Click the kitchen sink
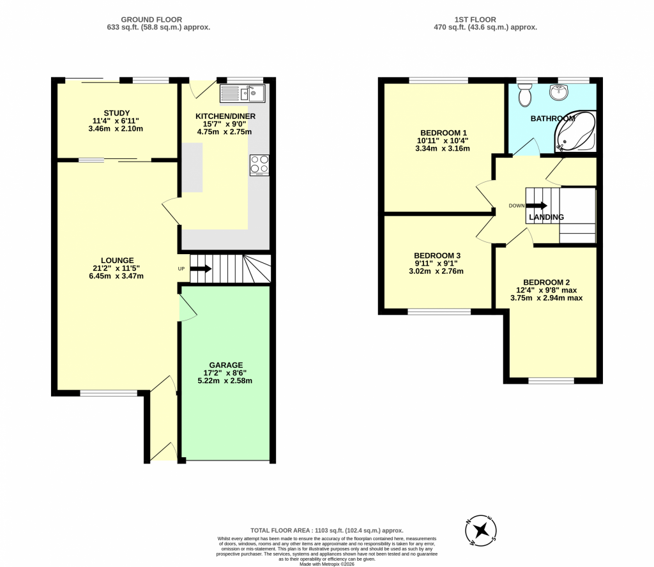click(x=242, y=93)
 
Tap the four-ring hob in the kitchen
click(x=259, y=165)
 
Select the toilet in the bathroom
click(x=524, y=94)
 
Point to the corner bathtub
click(x=575, y=131)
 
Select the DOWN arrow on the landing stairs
click(x=536, y=206)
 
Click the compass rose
click(x=481, y=531)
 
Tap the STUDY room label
click(x=117, y=113)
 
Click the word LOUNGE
click(x=118, y=261)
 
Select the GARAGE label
click(x=225, y=365)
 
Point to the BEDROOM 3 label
click(x=437, y=255)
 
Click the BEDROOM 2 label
click(x=547, y=282)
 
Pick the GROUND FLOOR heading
click(x=151, y=20)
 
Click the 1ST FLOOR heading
click(x=475, y=20)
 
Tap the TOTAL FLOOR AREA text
click(x=327, y=531)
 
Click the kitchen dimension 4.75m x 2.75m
click(x=224, y=132)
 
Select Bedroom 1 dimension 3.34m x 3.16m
click(x=443, y=148)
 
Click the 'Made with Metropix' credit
click(x=327, y=564)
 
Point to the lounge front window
click(x=109, y=393)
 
